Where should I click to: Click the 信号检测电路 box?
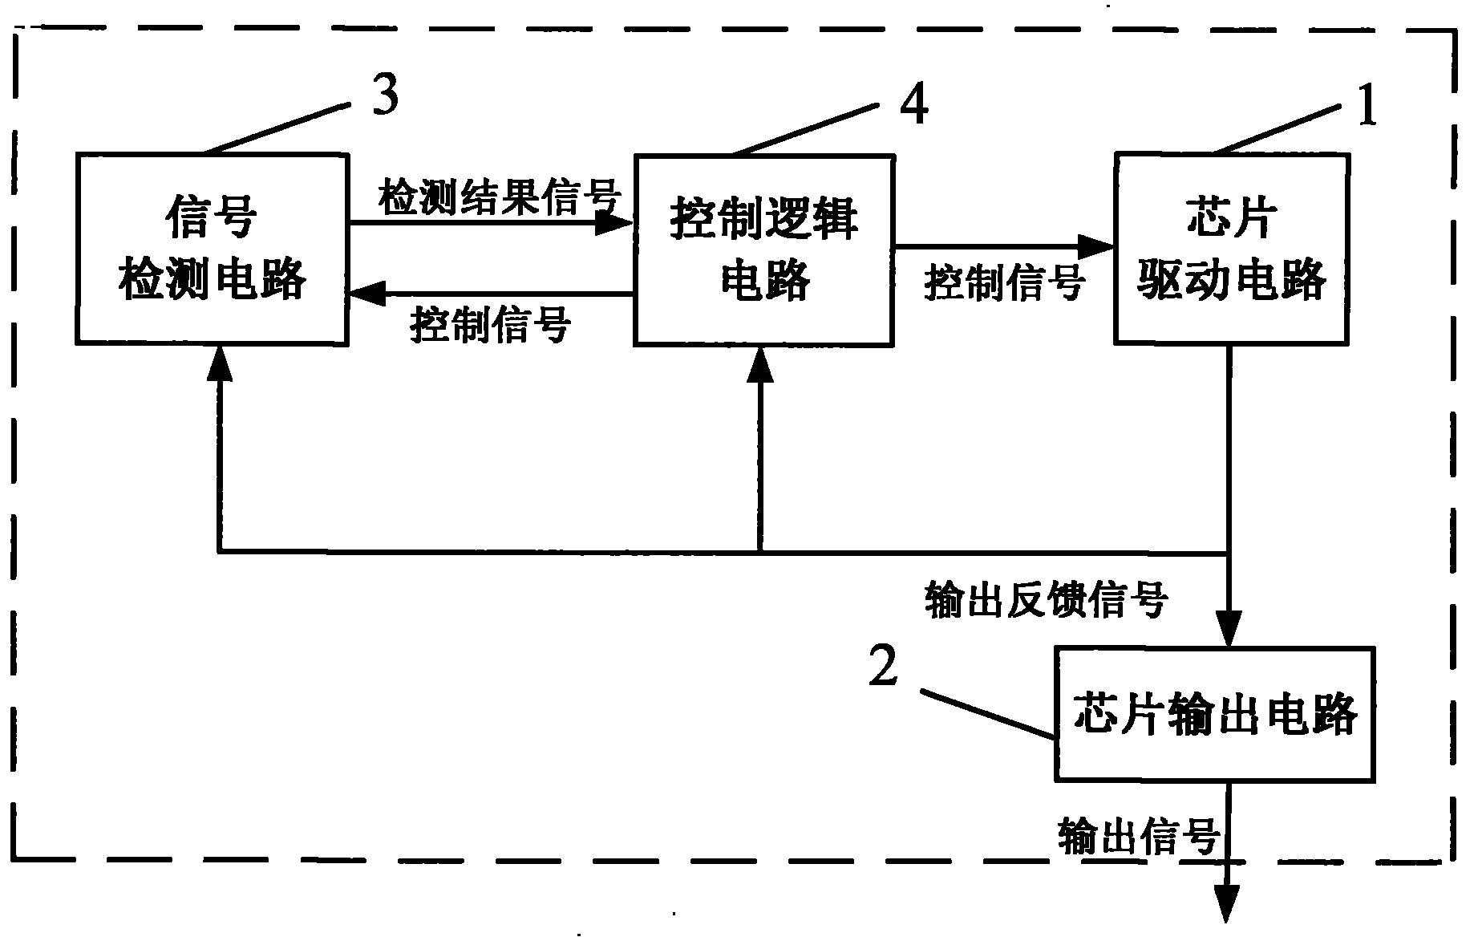[212, 249]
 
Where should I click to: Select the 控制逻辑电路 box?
[763, 250]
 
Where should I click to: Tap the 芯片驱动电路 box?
[1231, 249]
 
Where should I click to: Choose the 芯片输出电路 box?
[1215, 714]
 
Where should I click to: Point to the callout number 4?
[914, 107]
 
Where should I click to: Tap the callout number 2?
[884, 667]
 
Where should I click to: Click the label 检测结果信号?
[500, 196]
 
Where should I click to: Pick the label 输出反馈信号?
[1046, 599]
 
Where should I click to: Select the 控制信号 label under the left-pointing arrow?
[490, 325]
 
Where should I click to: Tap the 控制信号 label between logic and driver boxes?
[1004, 282]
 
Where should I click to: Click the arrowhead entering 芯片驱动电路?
[1096, 246]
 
